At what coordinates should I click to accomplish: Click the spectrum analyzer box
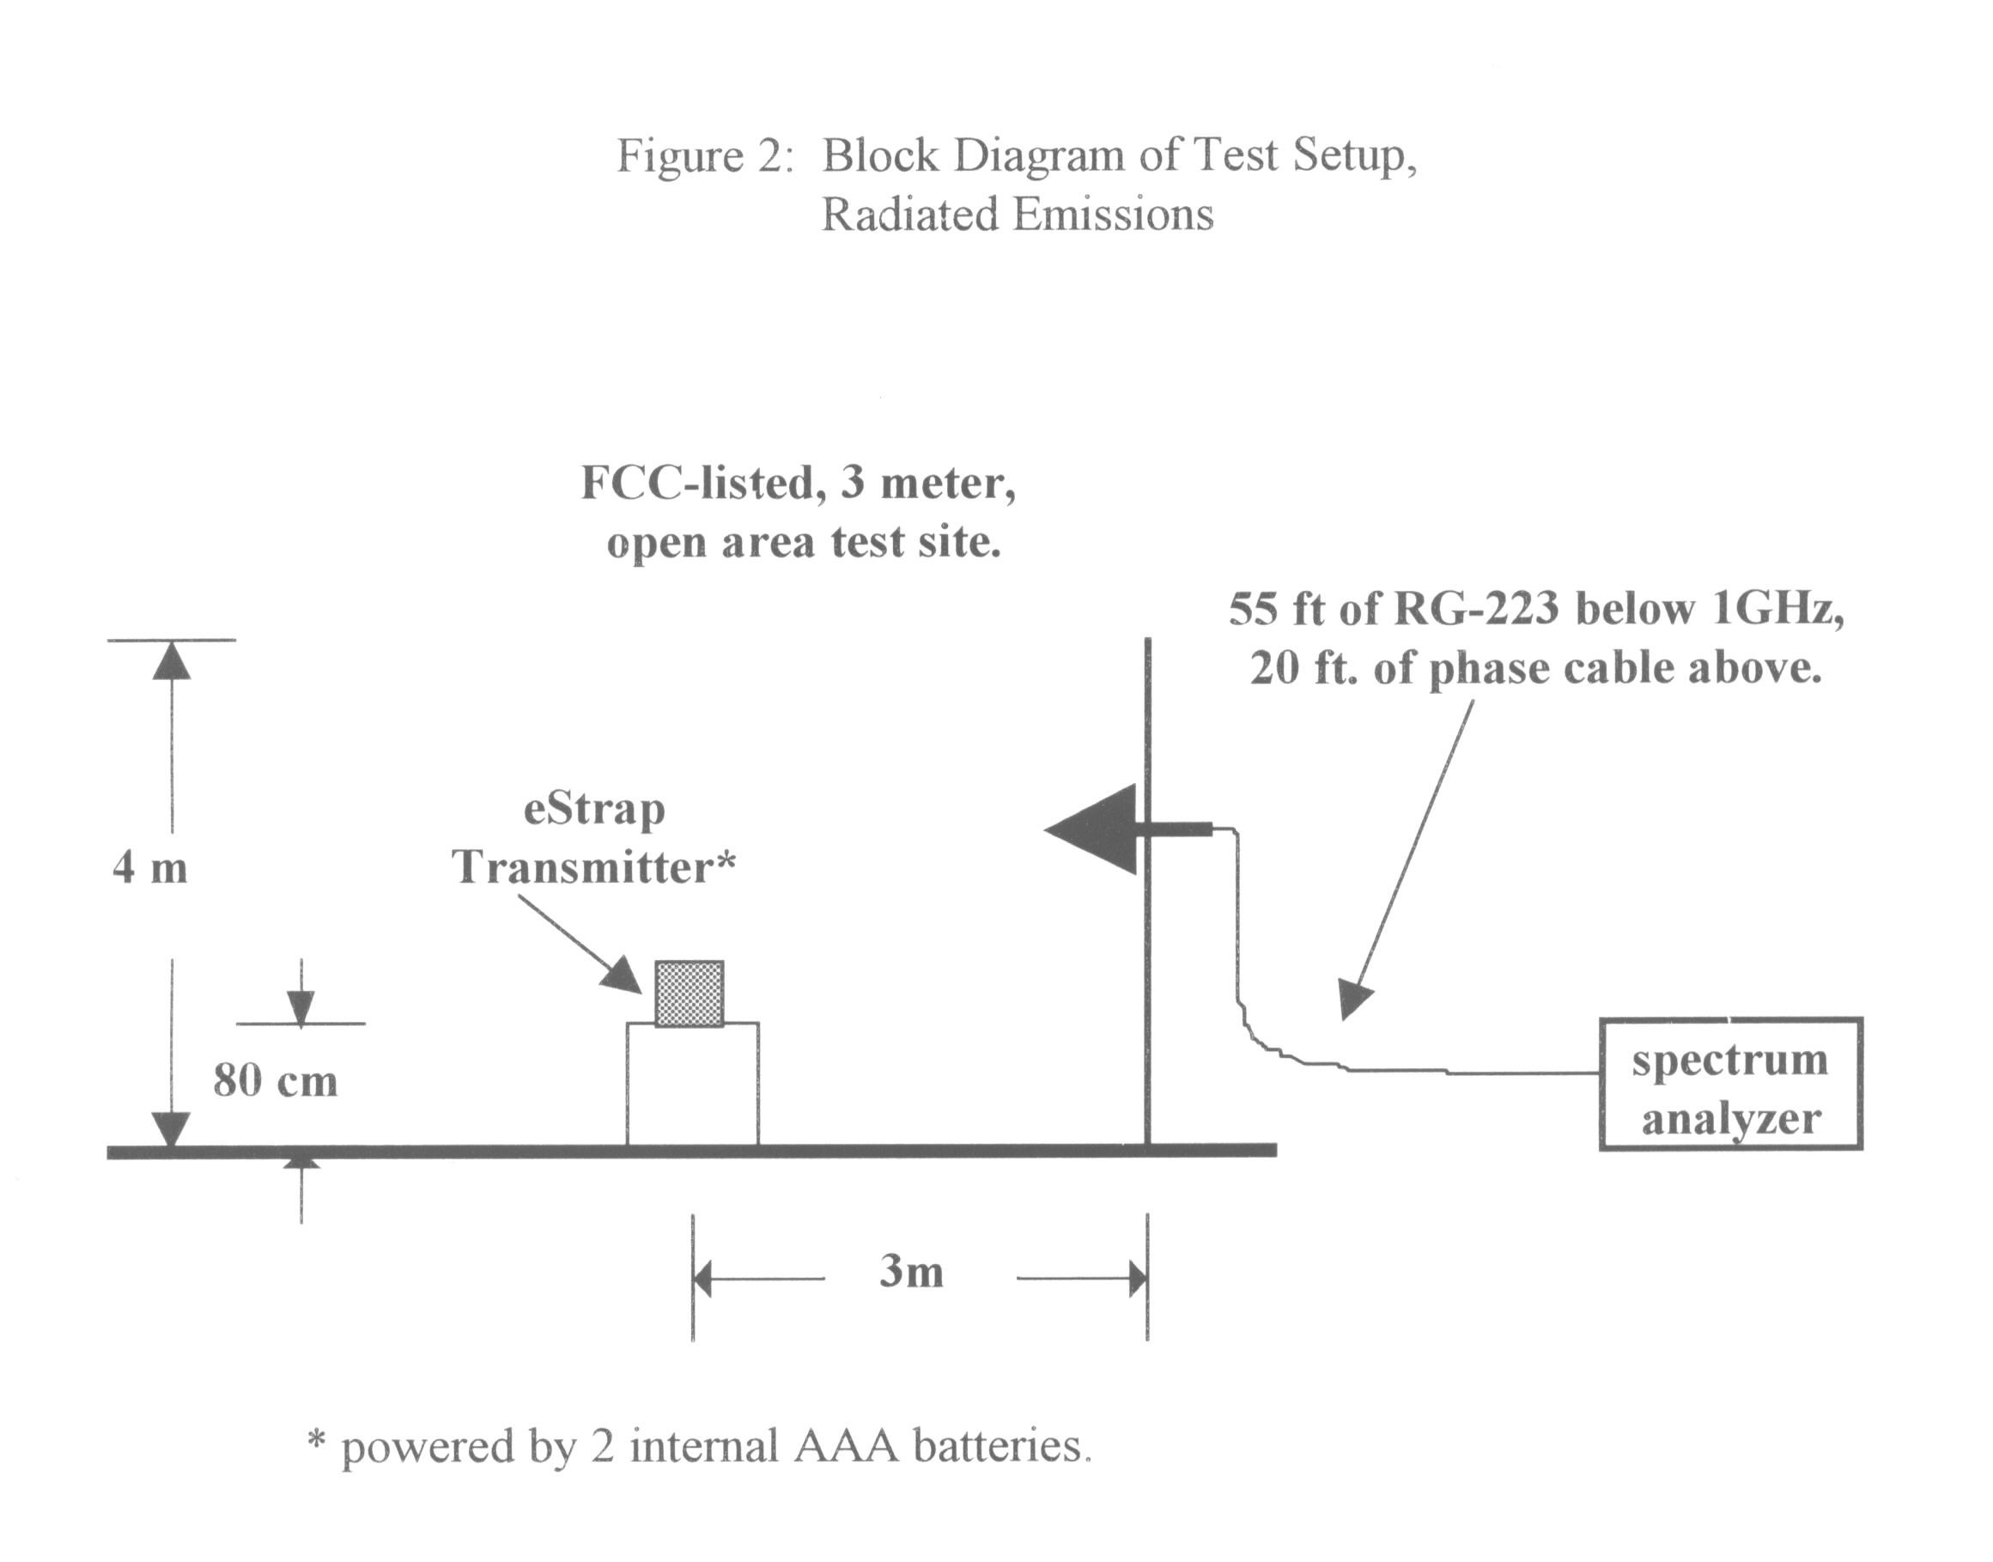click(1730, 1083)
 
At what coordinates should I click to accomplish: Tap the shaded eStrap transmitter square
click(690, 994)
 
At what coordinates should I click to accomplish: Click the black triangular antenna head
click(1092, 830)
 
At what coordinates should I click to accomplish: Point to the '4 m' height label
click(150, 867)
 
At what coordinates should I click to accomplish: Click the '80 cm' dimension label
click(275, 1081)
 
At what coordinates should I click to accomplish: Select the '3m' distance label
click(910, 1272)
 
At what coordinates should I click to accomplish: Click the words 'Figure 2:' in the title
click(702, 155)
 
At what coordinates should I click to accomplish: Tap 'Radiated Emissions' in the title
click(1017, 216)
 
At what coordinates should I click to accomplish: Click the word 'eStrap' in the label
click(594, 811)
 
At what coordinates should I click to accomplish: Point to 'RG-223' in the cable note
click(1474, 609)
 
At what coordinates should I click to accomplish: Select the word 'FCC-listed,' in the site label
click(703, 482)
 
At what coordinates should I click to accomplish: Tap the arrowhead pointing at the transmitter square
click(624, 977)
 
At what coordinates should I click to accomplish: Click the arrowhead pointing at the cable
click(1355, 1000)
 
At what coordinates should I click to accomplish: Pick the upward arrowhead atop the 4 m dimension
click(172, 659)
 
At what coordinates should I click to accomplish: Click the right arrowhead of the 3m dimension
click(1137, 1279)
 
